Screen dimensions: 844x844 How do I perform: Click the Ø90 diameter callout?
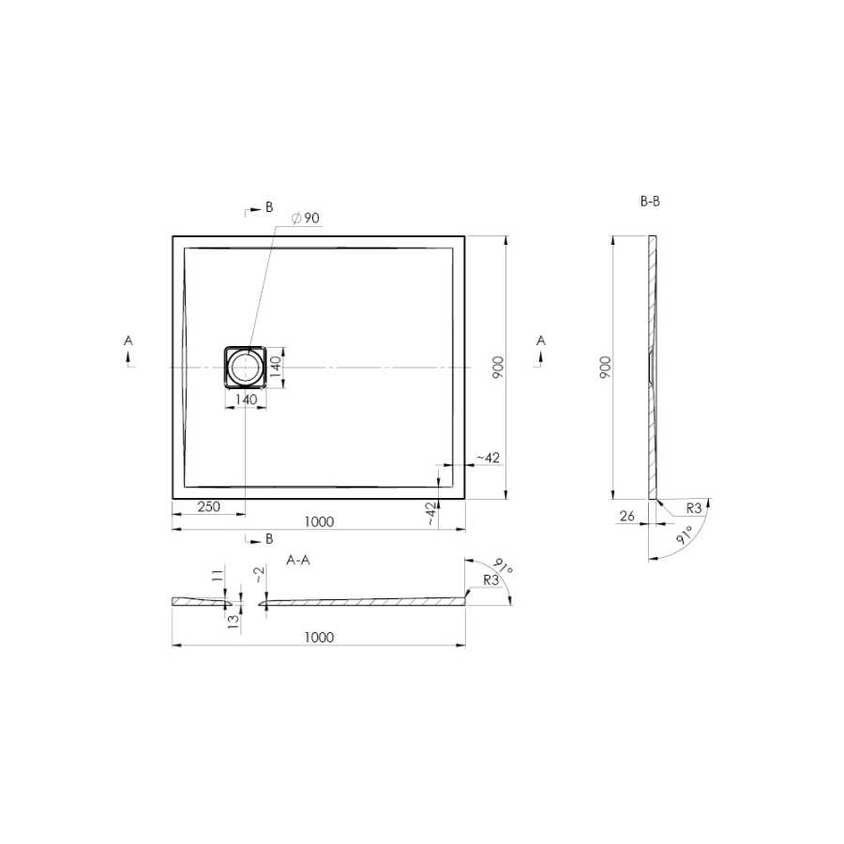(305, 218)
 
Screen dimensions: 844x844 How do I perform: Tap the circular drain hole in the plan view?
(246, 367)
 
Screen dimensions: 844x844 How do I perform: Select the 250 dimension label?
(208, 506)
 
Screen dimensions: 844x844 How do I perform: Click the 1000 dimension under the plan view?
(319, 521)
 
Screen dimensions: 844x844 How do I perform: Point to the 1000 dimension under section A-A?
(319, 638)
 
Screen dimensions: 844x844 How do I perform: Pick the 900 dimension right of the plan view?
(499, 367)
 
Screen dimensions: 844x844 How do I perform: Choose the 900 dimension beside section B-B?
(606, 367)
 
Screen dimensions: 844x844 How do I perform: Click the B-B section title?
(650, 202)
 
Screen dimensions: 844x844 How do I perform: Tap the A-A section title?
(298, 561)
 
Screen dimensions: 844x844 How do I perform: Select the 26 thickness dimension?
(627, 516)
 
